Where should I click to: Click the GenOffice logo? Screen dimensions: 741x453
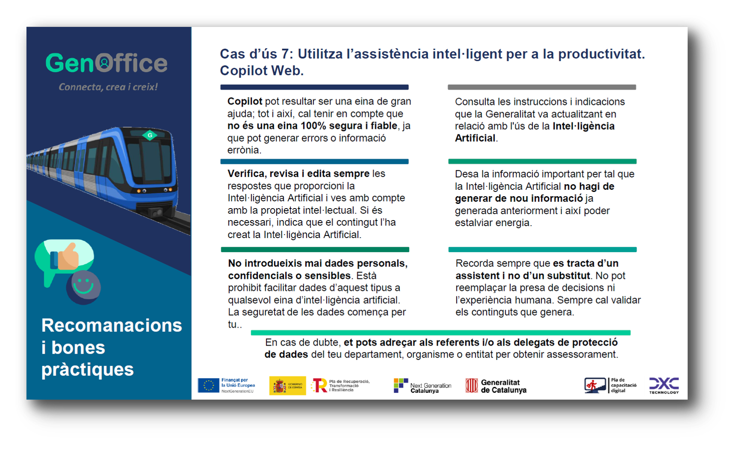pos(106,63)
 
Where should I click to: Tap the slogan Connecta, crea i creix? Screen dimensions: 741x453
pos(108,87)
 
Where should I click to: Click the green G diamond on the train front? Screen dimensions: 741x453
pos(150,135)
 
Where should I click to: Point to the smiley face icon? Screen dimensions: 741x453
pos(83,287)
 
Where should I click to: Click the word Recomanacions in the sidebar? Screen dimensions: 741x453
pos(111,325)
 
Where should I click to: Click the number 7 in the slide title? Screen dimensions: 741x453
pos(285,54)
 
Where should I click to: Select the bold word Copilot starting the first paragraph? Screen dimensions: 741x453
pos(245,101)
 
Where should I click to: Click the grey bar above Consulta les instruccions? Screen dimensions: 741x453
pos(542,87)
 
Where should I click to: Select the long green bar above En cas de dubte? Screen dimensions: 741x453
pos(441,332)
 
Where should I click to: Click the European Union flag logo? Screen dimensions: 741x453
pos(208,385)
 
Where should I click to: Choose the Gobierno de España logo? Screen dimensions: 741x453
pos(287,385)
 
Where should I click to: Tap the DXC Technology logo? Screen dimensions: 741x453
pos(664,385)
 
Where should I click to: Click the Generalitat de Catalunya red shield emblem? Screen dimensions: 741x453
pos(472,385)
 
